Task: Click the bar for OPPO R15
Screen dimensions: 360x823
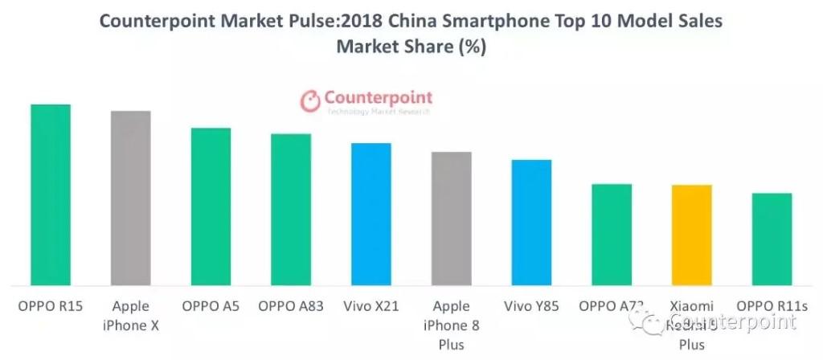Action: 50,194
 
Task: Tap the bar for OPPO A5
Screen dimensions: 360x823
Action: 211,207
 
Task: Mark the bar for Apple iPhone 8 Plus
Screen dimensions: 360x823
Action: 452,219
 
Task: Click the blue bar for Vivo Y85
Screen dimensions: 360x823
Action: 532,223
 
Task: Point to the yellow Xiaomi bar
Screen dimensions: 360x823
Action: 692,235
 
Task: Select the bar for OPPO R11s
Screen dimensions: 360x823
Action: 772,239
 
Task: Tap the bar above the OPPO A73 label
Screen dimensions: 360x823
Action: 612,235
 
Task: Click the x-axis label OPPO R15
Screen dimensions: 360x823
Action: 50,306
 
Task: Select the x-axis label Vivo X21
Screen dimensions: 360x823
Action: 371,306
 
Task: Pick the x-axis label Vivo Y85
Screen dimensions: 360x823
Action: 532,306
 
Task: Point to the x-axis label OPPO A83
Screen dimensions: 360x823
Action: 291,306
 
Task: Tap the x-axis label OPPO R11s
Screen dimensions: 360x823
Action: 772,306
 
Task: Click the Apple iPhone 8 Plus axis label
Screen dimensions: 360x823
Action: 452,325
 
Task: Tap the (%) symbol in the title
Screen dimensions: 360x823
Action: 472,47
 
